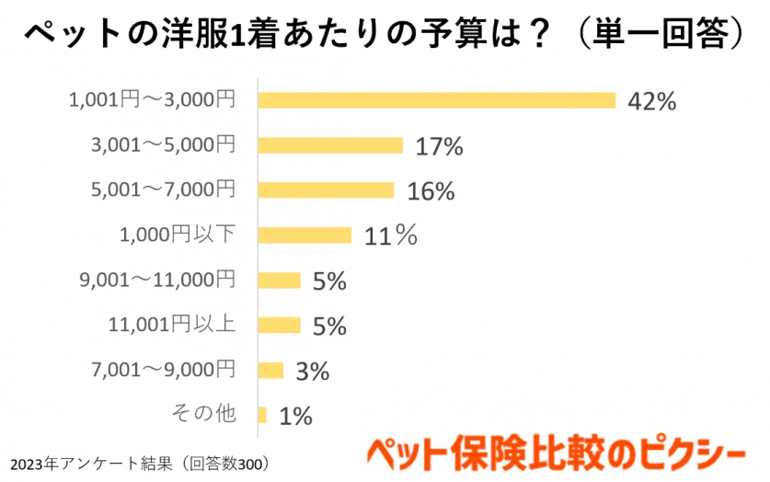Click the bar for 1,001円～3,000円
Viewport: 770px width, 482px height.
coord(437,100)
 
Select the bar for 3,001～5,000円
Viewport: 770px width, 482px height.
coord(331,145)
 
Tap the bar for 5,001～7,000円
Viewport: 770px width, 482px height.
coord(327,190)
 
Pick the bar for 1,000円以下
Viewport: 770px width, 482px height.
coord(305,235)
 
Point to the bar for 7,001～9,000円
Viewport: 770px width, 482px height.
coord(271,371)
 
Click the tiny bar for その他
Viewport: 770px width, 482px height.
coord(263,416)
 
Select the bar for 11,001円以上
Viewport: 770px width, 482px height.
coord(280,326)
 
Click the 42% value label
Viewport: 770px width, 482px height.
coord(651,101)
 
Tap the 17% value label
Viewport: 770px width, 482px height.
coord(439,146)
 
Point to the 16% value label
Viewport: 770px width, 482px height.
coord(431,191)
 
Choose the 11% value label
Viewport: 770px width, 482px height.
coord(390,236)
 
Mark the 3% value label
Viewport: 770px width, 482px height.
coord(313,372)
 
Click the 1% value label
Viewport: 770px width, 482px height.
coord(295,417)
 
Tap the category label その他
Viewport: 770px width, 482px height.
coord(204,415)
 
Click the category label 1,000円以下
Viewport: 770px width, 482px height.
coord(178,235)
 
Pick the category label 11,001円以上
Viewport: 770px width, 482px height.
coord(172,325)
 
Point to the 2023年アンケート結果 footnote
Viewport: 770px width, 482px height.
coord(139,462)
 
